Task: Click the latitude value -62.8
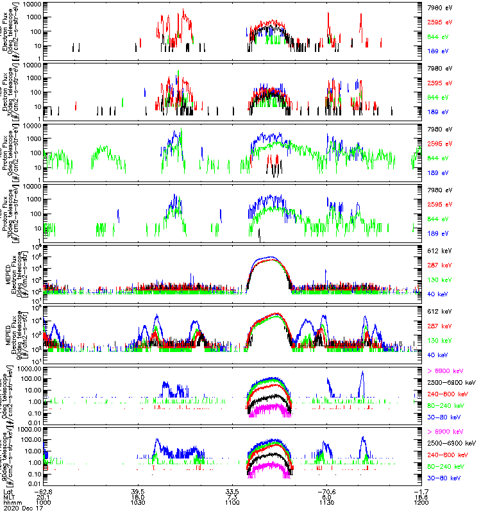point(44,491)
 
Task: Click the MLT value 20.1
point(44,497)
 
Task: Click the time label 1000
point(44,503)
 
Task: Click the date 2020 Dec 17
point(21,509)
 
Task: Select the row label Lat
point(8,491)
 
